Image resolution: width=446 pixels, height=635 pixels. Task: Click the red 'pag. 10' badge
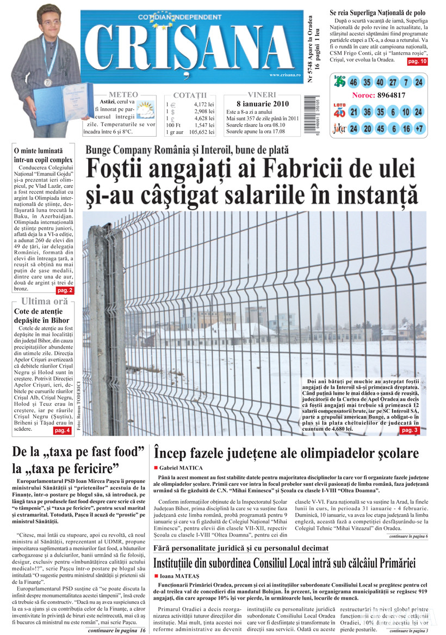tap(417, 62)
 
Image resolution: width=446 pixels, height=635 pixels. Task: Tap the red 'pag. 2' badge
tap(64, 290)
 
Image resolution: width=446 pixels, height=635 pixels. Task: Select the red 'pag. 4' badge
tap(62, 430)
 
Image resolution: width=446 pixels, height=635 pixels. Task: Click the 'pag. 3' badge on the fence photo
tap(410, 430)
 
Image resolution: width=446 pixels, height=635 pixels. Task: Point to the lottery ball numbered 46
tap(354, 83)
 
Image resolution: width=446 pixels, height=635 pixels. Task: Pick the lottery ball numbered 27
tap(391, 83)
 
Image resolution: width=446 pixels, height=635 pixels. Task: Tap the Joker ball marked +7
tap(418, 129)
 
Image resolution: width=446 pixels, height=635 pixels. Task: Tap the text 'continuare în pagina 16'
tap(116, 630)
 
